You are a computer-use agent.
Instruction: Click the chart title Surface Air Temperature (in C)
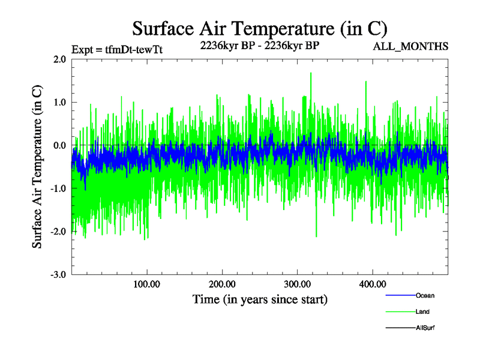(259, 29)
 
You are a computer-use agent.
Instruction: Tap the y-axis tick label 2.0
(59, 59)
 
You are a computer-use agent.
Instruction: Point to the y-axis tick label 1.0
(59, 103)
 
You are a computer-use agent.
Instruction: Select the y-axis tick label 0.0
(59, 146)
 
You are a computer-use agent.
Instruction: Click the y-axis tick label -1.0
(58, 188)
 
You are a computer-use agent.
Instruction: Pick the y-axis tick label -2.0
(58, 232)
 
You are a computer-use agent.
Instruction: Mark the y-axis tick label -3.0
(58, 275)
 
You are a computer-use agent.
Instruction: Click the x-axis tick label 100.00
(146, 284)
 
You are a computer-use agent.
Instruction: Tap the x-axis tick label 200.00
(222, 284)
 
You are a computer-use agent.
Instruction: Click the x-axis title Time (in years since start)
(260, 299)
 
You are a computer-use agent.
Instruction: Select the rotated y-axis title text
(37, 167)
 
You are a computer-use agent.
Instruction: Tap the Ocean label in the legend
(424, 296)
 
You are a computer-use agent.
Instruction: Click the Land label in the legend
(422, 312)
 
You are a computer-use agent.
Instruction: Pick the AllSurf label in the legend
(425, 328)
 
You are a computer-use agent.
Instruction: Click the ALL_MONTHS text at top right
(410, 46)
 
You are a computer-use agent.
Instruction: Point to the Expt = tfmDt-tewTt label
(117, 50)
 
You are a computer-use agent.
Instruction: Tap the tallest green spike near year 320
(311, 74)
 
